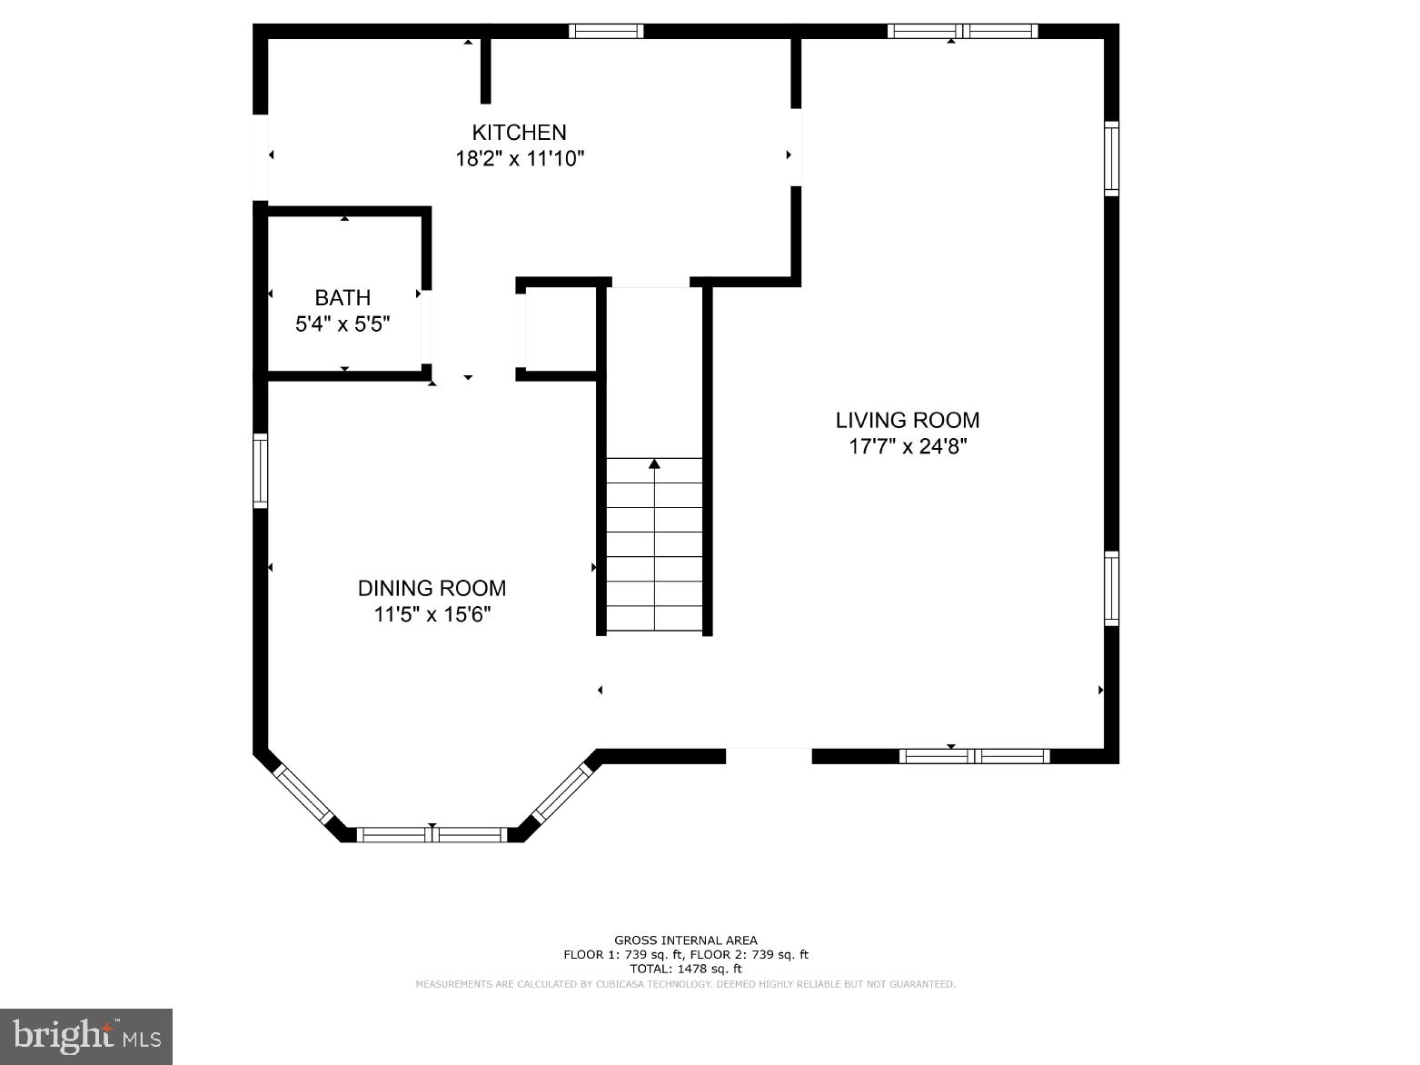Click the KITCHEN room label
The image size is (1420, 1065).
(x=519, y=133)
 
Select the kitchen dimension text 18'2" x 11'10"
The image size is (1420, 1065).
(x=519, y=159)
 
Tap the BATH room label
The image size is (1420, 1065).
(x=343, y=298)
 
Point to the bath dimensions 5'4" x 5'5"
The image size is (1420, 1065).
(x=343, y=324)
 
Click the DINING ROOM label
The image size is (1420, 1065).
(x=432, y=588)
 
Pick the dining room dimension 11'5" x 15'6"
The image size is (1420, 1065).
(x=432, y=615)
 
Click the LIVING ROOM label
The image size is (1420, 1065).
(x=907, y=420)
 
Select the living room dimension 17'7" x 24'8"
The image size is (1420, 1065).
(x=907, y=447)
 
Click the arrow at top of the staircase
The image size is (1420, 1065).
(x=654, y=464)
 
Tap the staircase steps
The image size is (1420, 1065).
(x=654, y=545)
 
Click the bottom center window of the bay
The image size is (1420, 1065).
(x=432, y=834)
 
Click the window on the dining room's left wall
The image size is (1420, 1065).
(x=261, y=471)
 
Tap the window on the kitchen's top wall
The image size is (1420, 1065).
(x=606, y=31)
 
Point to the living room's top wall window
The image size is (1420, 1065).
(x=962, y=31)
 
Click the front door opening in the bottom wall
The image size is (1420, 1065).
(x=768, y=755)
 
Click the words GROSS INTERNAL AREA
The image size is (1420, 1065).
(x=685, y=941)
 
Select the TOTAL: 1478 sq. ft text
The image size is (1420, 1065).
(x=685, y=969)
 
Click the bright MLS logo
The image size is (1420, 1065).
(x=86, y=1036)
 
